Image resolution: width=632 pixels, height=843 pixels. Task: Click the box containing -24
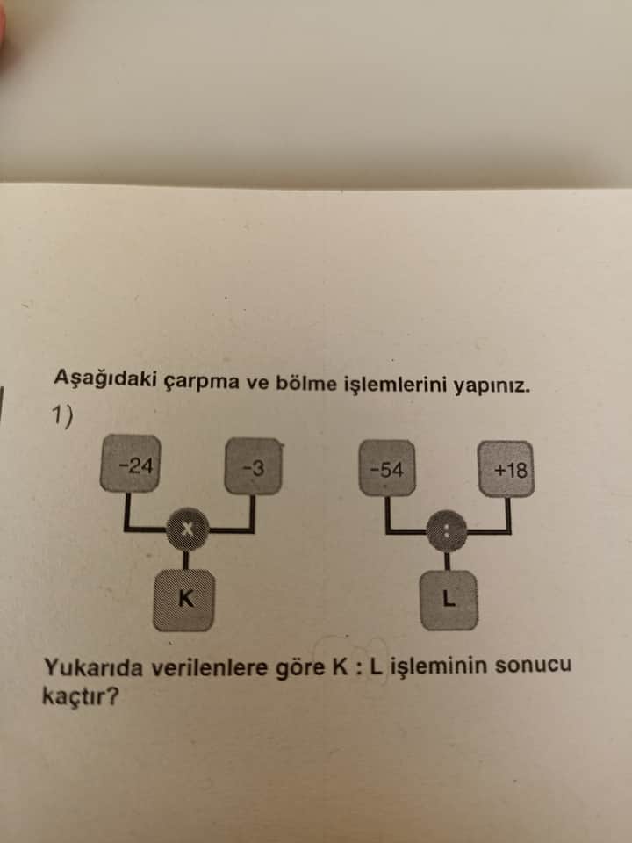coord(130,464)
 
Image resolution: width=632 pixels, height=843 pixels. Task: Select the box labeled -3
coord(253,466)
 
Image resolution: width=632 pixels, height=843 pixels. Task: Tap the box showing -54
coord(387,468)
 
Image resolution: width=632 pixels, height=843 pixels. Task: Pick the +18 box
coord(506,469)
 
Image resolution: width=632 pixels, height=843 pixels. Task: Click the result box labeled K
coord(183,600)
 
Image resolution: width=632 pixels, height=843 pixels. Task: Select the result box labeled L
coord(449,600)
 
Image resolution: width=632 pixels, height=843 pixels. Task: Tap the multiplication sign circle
coord(186,529)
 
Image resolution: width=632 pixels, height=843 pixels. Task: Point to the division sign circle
coord(447,531)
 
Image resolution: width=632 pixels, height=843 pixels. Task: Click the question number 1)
coord(63,416)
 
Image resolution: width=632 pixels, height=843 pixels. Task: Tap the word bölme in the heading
coord(299,382)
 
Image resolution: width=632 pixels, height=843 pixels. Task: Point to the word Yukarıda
coord(93,667)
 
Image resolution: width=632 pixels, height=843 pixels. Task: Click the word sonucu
coord(533,665)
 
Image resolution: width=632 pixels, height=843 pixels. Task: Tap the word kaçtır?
coord(80,696)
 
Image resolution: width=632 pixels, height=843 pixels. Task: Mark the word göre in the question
coord(300,667)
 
